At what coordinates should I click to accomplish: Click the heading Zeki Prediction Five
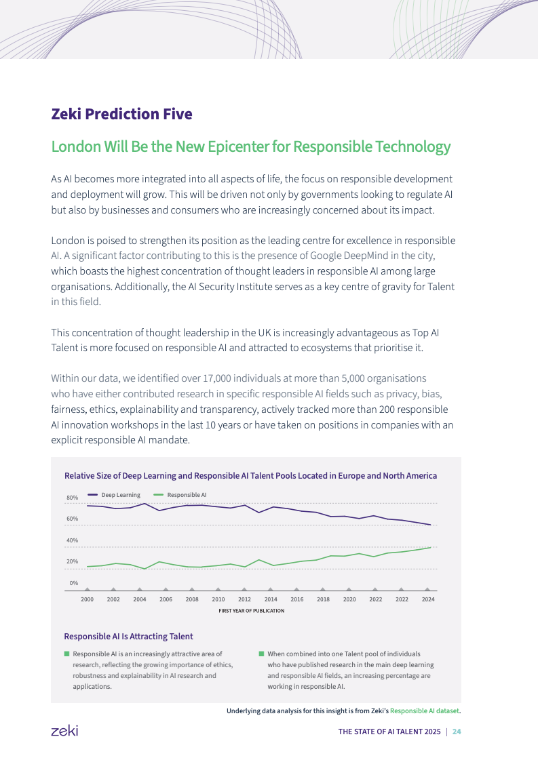[x=121, y=114]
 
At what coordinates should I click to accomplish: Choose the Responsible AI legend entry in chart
[x=187, y=495]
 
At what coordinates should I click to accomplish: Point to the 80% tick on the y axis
[x=72, y=498]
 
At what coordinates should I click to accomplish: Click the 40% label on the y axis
[x=72, y=540]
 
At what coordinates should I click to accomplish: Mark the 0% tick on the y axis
[x=73, y=583]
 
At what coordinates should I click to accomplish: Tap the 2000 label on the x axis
[x=88, y=599]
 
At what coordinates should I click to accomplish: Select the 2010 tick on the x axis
[x=218, y=599]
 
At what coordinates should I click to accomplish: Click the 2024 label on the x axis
[x=428, y=599]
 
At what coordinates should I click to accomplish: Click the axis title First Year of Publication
[x=251, y=611]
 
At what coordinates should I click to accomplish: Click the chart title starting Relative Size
[x=250, y=476]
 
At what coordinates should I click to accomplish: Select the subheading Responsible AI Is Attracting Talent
[x=128, y=637]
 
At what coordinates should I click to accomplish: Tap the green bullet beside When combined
[x=261, y=654]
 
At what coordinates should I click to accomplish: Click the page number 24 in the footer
[x=457, y=732]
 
